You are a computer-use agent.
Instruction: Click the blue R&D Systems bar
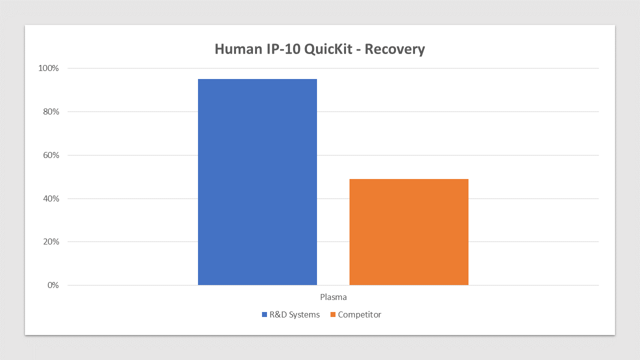coord(257,182)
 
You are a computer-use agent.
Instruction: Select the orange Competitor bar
coord(409,232)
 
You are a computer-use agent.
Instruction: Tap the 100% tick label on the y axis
coord(48,68)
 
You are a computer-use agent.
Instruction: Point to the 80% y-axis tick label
coord(51,111)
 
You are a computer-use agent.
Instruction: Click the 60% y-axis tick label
coord(51,155)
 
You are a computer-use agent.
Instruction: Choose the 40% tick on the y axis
coord(51,198)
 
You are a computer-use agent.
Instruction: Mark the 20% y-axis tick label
coord(51,241)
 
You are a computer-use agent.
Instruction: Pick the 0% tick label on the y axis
coord(53,285)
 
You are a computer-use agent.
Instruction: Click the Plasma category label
coord(333,297)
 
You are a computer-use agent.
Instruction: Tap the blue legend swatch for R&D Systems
coord(264,314)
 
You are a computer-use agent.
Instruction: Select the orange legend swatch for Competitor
coord(333,314)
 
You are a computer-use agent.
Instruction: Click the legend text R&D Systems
coord(294,314)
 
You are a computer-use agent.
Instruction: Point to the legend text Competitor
coord(359,314)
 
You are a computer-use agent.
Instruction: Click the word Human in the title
coord(238,49)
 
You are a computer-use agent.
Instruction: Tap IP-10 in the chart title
coord(283,49)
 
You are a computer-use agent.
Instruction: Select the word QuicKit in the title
coord(328,49)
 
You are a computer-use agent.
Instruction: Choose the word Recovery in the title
coord(395,49)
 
